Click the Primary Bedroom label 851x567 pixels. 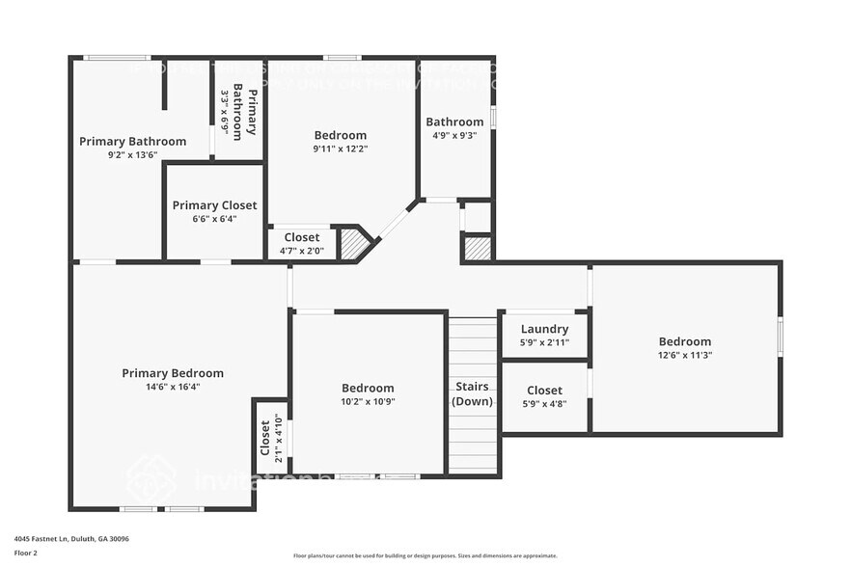coord(173,373)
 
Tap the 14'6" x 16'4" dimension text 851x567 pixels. coord(173,387)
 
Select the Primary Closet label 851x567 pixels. coord(214,205)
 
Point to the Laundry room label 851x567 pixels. coord(544,329)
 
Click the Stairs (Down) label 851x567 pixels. coord(473,394)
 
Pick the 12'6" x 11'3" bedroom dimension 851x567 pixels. coord(685,355)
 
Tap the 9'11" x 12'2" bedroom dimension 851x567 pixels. coord(341,148)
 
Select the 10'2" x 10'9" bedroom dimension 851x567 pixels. coord(367,401)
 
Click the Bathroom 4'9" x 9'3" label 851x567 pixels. coord(454,121)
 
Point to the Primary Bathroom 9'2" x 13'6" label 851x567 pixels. coord(132,142)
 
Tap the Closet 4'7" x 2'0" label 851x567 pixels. coord(302,237)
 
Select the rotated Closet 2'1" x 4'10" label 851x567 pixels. coord(271,437)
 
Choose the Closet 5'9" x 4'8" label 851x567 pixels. coord(544,391)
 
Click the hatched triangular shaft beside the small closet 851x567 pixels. coord(352,244)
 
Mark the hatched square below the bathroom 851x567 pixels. coord(478,248)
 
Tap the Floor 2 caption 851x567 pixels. coord(26,553)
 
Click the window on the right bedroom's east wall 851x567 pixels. coord(780,338)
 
